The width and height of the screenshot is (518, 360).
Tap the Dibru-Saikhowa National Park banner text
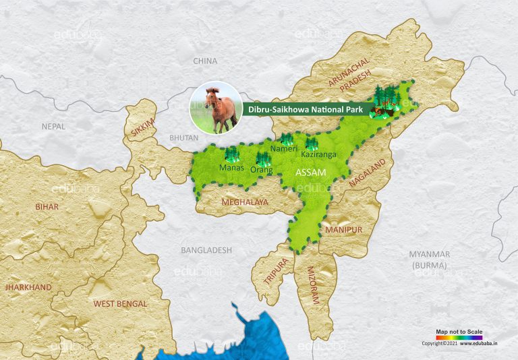point(306,109)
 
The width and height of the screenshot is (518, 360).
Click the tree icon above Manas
point(232,154)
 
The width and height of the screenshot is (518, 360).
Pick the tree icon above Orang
point(263,160)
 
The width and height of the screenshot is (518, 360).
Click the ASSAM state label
point(311,173)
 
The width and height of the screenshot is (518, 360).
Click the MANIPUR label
point(343,230)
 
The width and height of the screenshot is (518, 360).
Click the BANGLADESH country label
point(206,250)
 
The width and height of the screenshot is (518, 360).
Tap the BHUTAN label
point(183,138)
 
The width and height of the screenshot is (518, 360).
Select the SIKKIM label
point(143,126)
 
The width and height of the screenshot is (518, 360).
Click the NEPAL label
point(53,126)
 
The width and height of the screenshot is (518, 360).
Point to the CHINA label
point(205,61)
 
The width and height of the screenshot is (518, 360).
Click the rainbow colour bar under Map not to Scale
point(459,337)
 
